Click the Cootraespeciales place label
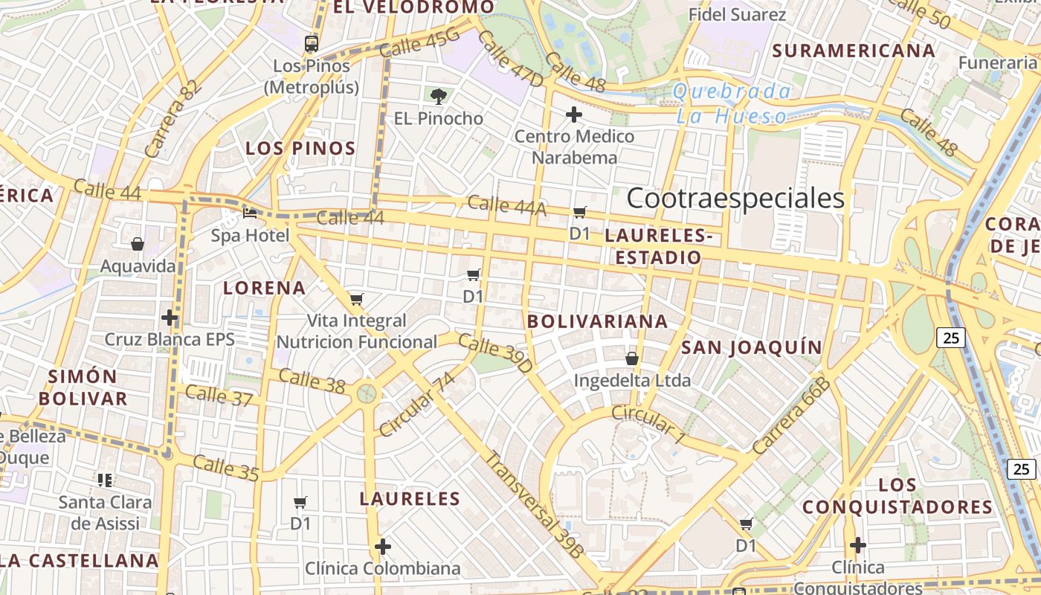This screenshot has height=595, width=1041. coord(735,199)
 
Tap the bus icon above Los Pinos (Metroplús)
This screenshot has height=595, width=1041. coord(312,44)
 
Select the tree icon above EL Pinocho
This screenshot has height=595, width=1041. coord(439,95)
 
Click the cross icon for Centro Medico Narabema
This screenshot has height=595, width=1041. coord(573,115)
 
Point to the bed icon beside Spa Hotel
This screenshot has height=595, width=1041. coord(250,213)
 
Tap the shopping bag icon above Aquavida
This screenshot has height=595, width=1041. coord(138,243)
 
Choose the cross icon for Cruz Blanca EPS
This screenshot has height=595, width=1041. coord(170,318)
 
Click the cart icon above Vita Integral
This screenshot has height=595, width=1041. coord(357,299)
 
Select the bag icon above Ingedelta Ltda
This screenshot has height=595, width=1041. coord(632,358)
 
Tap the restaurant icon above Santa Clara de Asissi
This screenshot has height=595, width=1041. coord(105,480)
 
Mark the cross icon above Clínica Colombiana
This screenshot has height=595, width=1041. coord(383,547)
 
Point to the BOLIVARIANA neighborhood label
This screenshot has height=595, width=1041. coord(597,321)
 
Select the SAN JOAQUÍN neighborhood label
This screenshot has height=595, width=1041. coord(752,347)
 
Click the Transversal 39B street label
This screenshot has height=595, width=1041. coord(534,504)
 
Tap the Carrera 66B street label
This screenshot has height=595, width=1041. coord(790,416)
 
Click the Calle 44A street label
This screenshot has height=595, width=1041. coord(506,206)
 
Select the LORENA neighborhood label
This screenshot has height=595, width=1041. coord(265,288)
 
